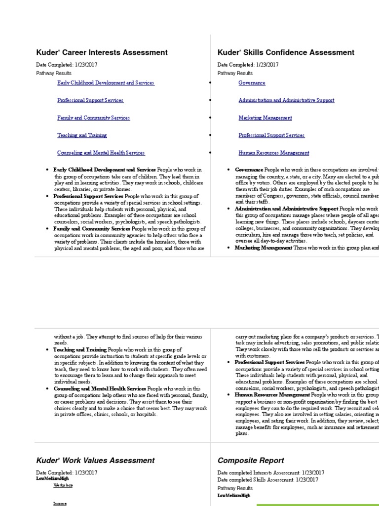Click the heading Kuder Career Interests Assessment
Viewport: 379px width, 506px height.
click(x=102, y=52)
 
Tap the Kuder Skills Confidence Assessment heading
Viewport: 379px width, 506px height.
click(x=286, y=52)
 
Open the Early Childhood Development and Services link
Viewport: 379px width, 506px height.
click(x=106, y=83)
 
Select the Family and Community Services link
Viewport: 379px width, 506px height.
click(x=93, y=118)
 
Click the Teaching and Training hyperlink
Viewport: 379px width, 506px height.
click(x=82, y=135)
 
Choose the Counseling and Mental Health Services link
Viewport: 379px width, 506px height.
click(x=101, y=153)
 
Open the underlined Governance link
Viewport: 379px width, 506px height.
click(x=252, y=83)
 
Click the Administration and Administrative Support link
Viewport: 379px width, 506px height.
click(x=286, y=100)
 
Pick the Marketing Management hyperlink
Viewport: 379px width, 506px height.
click(x=265, y=118)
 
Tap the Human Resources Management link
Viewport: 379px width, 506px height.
click(x=273, y=153)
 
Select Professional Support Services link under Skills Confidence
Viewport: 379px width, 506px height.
click(x=271, y=135)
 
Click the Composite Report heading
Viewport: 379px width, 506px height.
click(x=251, y=461)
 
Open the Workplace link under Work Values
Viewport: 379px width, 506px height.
click(x=63, y=485)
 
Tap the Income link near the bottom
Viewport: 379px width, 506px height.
click(x=60, y=503)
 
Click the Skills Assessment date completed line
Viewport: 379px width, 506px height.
click(x=267, y=480)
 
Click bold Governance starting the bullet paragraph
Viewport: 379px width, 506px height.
click(x=249, y=169)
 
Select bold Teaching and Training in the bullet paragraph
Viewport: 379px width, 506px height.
click(x=80, y=350)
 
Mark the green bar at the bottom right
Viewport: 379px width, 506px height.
click(x=317, y=505)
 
